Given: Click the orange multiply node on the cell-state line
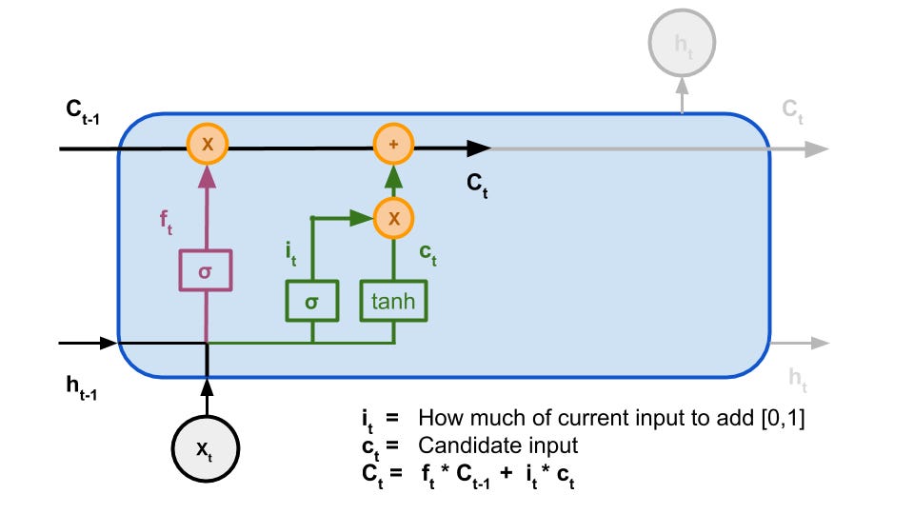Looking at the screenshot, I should [207, 146].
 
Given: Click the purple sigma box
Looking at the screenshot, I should [207, 272].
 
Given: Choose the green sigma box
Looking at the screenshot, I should [311, 302].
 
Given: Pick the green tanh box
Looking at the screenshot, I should [393, 302].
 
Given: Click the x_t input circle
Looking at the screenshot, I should [207, 447].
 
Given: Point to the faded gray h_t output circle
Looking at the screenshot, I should [682, 42].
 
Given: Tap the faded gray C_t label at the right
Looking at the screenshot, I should [793, 109].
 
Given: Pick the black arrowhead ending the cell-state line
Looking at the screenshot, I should [480, 148].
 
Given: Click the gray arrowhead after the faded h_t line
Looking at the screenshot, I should [818, 343].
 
